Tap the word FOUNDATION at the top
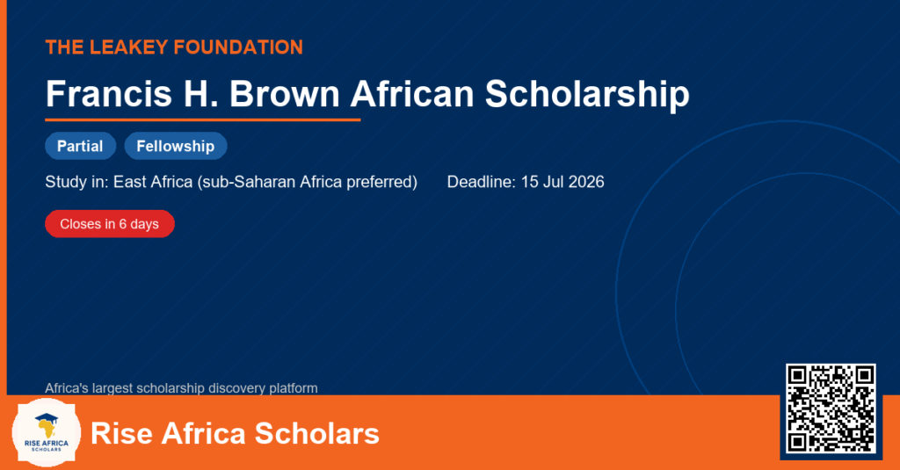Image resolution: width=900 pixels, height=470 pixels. pyautogui.click(x=238, y=47)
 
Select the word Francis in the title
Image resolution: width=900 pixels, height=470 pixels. pyautogui.click(x=108, y=93)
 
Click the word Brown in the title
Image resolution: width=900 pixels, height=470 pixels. pyautogui.click(x=285, y=93)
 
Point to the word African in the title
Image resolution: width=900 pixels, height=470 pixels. pyautogui.click(x=412, y=93)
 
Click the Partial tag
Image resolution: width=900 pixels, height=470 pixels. pyautogui.click(x=80, y=146)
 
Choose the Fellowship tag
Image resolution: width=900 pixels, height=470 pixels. pyautogui.click(x=176, y=146)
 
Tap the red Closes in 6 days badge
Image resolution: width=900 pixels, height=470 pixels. pyautogui.click(x=110, y=224)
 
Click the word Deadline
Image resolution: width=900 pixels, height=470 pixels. pyautogui.click(x=482, y=182)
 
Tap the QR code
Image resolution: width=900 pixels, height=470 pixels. pyautogui.click(x=831, y=409)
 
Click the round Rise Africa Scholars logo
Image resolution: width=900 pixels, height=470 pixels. pyautogui.click(x=47, y=433)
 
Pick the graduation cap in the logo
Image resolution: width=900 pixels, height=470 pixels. pyautogui.click(x=47, y=419)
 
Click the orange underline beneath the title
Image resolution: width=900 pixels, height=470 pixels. pyautogui.click(x=203, y=120)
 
